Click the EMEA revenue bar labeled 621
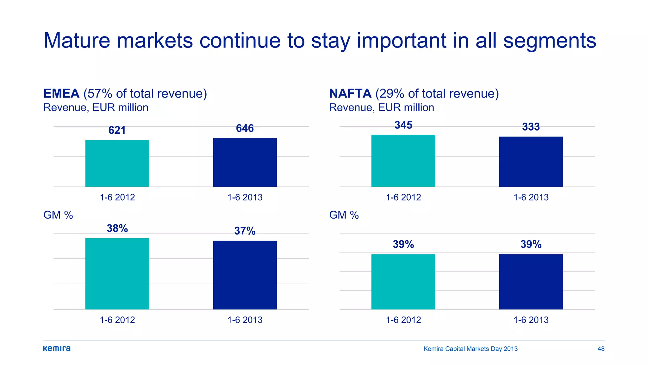point(117,163)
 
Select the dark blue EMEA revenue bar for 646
point(245,162)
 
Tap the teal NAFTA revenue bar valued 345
point(403,161)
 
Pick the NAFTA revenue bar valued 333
point(531,162)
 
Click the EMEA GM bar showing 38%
point(117,274)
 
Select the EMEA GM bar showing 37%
point(245,275)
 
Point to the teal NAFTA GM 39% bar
point(403,282)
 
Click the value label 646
point(245,128)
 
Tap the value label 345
point(403,125)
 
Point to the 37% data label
point(245,231)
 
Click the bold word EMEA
point(61,93)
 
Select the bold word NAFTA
point(350,93)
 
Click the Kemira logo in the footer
point(57,349)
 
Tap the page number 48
point(601,349)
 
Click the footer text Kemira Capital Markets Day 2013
point(470,349)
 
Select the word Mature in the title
point(77,41)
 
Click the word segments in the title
point(549,41)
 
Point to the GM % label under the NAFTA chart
point(344,215)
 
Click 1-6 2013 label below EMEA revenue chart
point(245,197)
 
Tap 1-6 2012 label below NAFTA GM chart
point(403,320)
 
